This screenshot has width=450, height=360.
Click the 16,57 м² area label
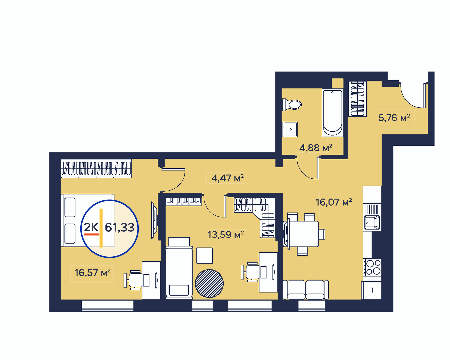[x=92, y=273]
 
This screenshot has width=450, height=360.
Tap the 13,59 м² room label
[x=226, y=235]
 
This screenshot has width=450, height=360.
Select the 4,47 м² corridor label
[x=228, y=178]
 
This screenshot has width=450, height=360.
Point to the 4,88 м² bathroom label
[x=316, y=148]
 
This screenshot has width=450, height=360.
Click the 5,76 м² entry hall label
[x=394, y=118]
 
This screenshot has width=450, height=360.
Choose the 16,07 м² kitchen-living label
[x=334, y=202]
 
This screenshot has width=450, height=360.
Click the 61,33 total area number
[x=119, y=228]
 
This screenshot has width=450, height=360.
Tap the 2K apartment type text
[x=91, y=227]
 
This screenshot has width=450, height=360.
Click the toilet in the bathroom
[x=291, y=105]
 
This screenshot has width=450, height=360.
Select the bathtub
[x=332, y=113]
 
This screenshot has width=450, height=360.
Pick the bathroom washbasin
[x=290, y=129]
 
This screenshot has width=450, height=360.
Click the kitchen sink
[x=372, y=223]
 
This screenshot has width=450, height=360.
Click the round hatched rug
[x=209, y=283]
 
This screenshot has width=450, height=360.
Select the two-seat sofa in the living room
[x=306, y=290]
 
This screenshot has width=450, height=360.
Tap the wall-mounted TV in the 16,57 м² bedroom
[x=154, y=220]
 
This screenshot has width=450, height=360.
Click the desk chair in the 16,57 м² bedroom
[x=133, y=280]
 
